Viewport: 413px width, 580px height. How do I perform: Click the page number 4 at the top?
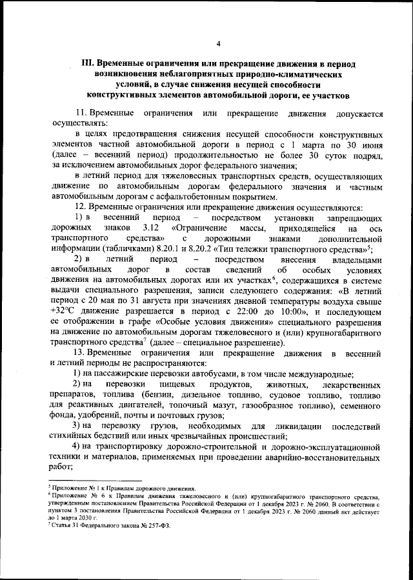point(219,44)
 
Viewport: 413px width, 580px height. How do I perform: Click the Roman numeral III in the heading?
point(85,65)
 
